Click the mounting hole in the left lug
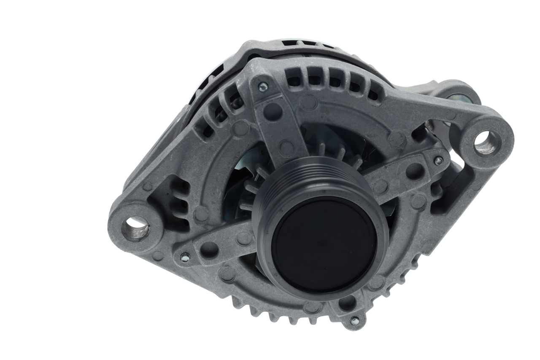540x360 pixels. tap(135, 229)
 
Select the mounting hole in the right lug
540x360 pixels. tap(487, 143)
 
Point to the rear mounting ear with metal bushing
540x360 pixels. tap(460, 95)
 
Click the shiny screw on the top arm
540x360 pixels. tap(263, 87)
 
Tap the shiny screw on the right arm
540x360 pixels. tap(438, 160)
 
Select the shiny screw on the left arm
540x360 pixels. tap(184, 257)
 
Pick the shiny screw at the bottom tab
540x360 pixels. tap(354, 321)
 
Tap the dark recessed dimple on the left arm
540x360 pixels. tap(209, 249)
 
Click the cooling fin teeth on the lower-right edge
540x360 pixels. tap(405, 270)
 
